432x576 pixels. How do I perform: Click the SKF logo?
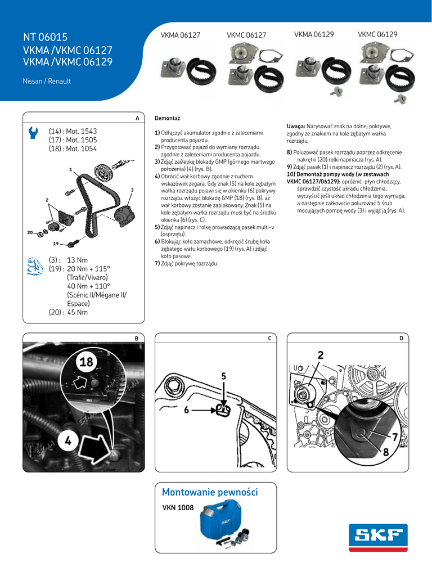[x=378, y=538]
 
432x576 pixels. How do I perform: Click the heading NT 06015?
[x=45, y=38]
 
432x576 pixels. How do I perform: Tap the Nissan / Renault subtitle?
[x=46, y=82]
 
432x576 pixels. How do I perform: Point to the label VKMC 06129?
[x=377, y=35]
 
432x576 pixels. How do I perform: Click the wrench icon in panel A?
[x=33, y=133]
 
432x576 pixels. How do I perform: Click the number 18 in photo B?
[x=87, y=362]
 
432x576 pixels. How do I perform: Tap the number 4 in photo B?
[x=68, y=442]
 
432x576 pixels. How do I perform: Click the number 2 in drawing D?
[x=320, y=355]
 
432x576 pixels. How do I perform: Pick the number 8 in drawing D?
[x=386, y=452]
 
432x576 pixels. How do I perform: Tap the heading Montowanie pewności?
[x=210, y=492]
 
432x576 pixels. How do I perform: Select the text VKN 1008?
[x=178, y=507]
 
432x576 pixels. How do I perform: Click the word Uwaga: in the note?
[x=296, y=127]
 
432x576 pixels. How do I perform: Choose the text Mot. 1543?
[x=81, y=131]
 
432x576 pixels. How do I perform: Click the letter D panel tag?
[x=401, y=338]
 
